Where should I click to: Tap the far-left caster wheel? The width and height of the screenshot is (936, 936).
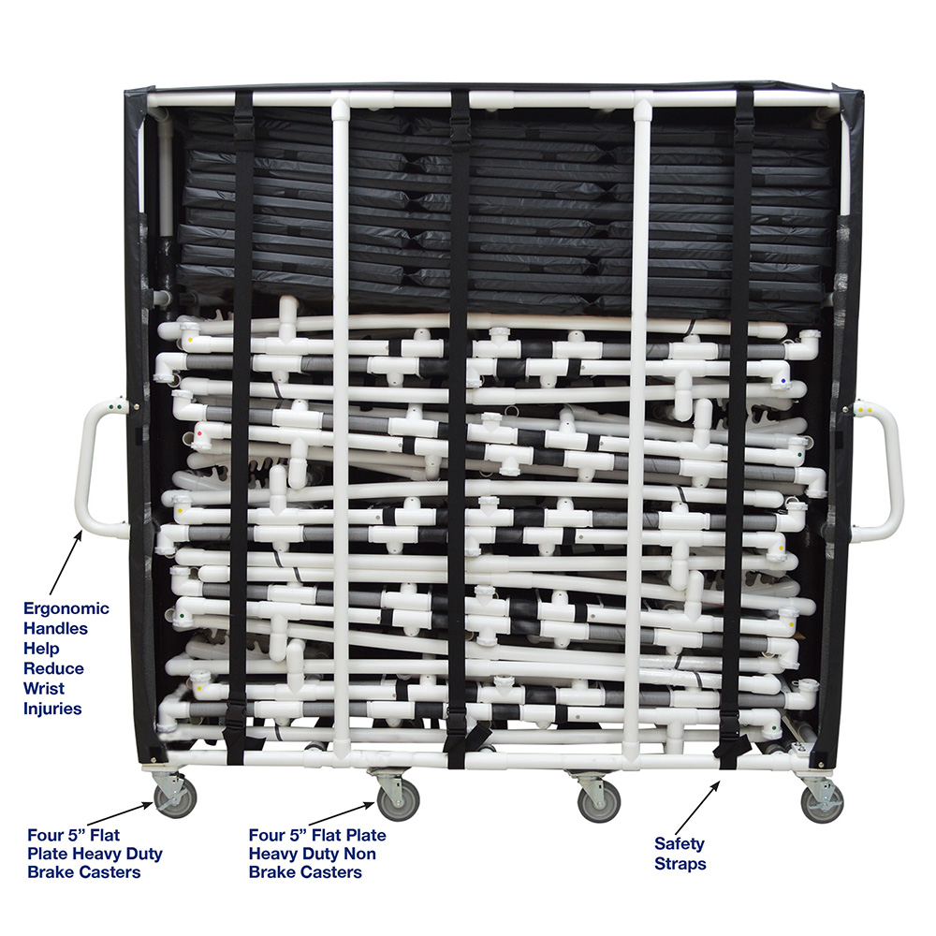(175, 798)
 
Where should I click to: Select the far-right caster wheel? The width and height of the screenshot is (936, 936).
(822, 803)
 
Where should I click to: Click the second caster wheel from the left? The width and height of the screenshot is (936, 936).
(398, 800)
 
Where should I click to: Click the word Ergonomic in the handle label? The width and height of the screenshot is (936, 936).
(66, 609)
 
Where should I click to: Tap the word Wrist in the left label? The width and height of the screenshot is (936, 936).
(44, 688)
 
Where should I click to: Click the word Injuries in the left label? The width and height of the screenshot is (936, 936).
(52, 709)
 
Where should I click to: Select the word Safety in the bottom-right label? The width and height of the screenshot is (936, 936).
(680, 844)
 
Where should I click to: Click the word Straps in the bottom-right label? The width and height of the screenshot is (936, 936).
(680, 864)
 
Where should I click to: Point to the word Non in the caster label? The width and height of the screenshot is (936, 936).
(359, 854)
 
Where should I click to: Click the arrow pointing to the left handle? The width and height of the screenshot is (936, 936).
(66, 561)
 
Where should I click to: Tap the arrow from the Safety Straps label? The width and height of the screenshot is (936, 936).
(697, 808)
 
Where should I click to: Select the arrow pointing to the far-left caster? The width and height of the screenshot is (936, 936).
(120, 814)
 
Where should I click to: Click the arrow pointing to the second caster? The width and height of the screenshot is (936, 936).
(342, 814)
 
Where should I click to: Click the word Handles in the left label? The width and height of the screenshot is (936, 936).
(55, 629)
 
